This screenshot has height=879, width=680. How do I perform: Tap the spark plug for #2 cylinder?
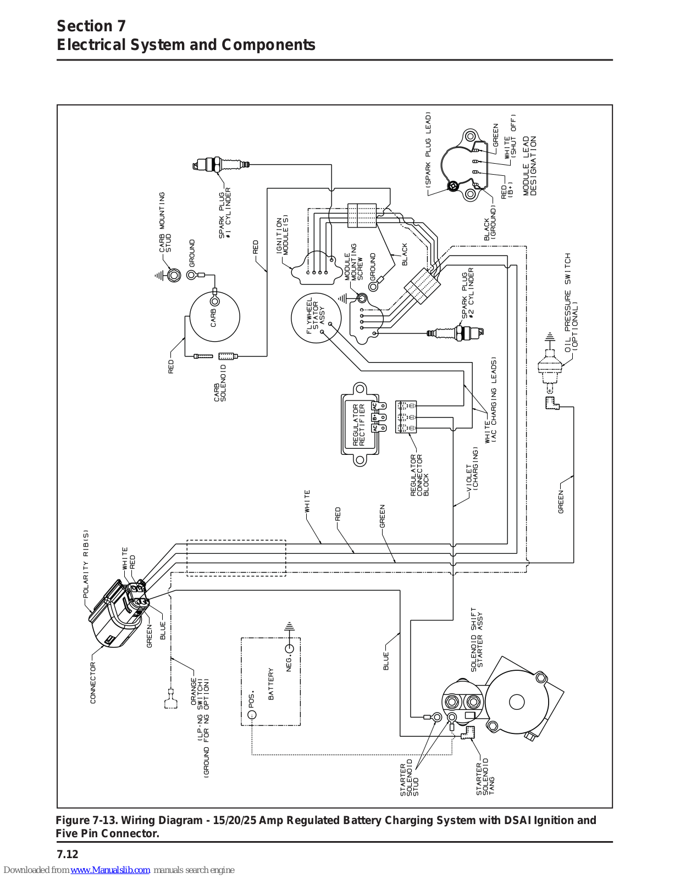456,332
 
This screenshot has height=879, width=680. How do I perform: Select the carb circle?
214,317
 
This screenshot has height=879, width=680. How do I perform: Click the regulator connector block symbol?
406,417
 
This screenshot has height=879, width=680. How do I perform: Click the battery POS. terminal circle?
252,714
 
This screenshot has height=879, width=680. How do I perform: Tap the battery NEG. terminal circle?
289,648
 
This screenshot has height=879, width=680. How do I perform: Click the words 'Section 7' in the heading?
91,26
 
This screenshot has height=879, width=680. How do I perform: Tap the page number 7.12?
67,854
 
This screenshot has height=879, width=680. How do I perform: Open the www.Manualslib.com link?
110,870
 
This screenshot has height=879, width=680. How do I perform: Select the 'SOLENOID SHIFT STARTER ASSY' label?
477,639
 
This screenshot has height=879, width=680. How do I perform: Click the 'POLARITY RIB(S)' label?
86,564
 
